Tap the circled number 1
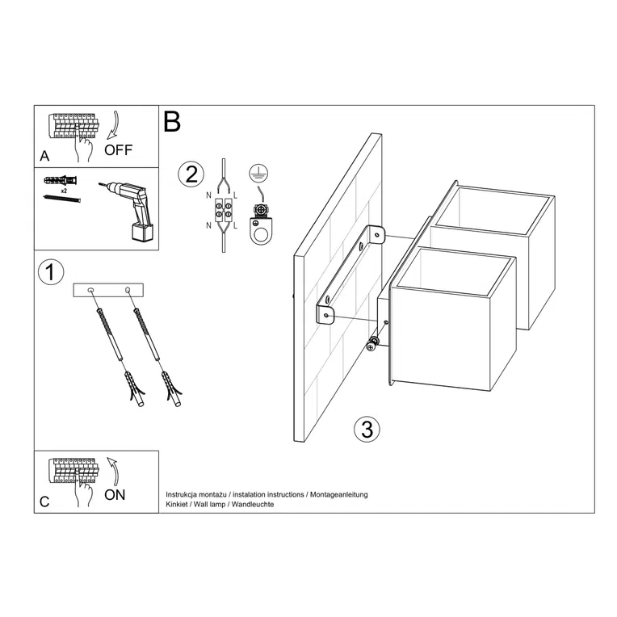tap(51, 272)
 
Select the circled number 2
tap(191, 174)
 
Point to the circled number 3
tap(367, 429)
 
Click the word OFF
tap(117, 149)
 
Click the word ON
tap(115, 496)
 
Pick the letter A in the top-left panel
tap(44, 154)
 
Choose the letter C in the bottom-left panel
tap(44, 502)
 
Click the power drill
tap(128, 208)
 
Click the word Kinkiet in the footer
tap(178, 504)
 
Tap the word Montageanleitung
tap(338, 493)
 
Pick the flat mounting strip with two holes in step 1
tap(107, 289)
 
